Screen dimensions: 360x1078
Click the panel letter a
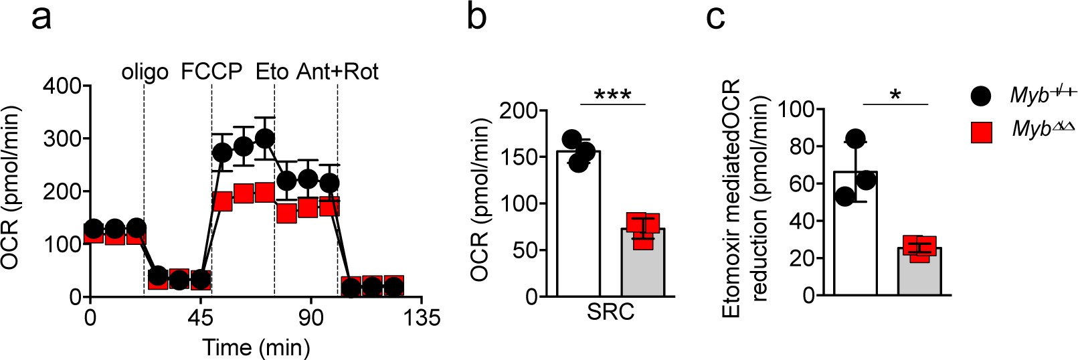tap(41, 17)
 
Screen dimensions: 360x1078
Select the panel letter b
tap(476, 16)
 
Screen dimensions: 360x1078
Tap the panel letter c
tap(715, 17)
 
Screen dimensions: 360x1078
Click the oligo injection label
tap(145, 72)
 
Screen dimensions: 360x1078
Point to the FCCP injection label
tap(211, 71)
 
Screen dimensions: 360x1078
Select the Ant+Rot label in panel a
tap(337, 71)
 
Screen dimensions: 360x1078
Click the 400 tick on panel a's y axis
tap(62, 86)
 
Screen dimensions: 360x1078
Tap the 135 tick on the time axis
tap(419, 318)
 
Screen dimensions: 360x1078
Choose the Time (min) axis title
tap(256, 347)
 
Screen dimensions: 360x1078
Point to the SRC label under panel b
tap(610, 312)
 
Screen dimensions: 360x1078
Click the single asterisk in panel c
tap(895, 96)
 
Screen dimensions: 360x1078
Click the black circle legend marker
tap(980, 96)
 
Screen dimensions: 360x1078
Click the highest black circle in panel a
tap(265, 139)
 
